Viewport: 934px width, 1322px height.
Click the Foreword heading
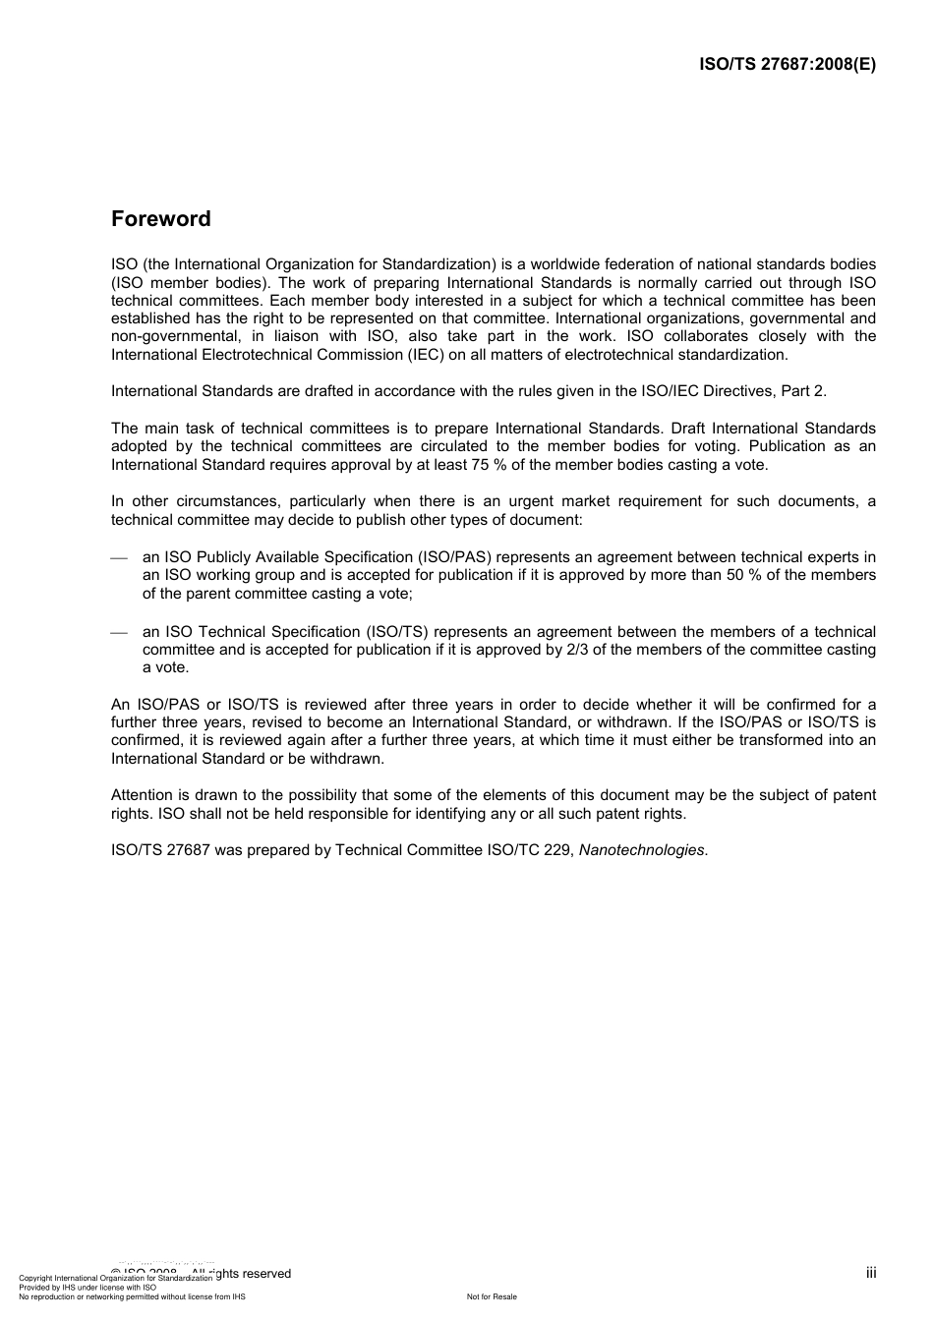[x=160, y=219]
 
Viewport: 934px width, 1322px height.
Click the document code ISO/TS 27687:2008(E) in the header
[x=787, y=65]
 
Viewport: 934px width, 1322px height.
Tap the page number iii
[x=871, y=1273]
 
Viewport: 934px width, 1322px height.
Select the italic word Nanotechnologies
[x=641, y=850]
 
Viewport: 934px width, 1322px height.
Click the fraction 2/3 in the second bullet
[x=579, y=650]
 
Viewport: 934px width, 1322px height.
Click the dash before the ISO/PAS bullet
[x=119, y=558]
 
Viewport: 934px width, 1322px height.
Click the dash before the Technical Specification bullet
[x=119, y=633]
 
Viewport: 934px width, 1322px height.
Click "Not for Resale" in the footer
[x=492, y=1297]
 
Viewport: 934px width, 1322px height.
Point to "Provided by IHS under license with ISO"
[x=88, y=1288]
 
